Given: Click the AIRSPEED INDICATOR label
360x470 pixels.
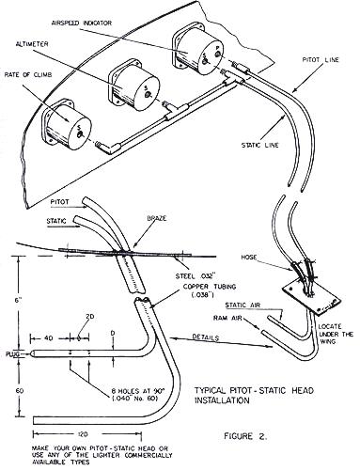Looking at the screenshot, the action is pyautogui.click(x=81, y=23).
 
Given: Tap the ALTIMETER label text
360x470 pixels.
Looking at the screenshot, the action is pyautogui.click(x=32, y=44).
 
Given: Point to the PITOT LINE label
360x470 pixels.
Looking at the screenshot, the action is pyautogui.click(x=321, y=59).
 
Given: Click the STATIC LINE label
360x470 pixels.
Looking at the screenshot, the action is pyautogui.click(x=259, y=146).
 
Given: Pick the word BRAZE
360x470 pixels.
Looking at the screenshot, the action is pyautogui.click(x=155, y=219).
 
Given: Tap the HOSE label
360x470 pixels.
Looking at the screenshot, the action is pyautogui.click(x=249, y=258).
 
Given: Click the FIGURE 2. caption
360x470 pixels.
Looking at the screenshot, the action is pyautogui.click(x=245, y=436).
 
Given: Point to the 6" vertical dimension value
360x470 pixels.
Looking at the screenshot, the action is pyautogui.click(x=19, y=300).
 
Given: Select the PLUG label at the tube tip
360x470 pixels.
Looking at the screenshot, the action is pyautogui.click(x=12, y=354).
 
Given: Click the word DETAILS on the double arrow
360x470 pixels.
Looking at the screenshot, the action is pyautogui.click(x=205, y=337).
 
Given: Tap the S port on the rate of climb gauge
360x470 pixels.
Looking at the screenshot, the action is pyautogui.click(x=81, y=135).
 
